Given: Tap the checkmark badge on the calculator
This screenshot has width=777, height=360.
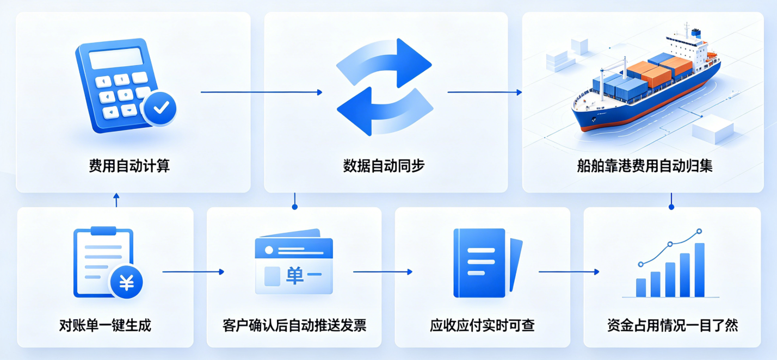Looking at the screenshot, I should tap(161, 108).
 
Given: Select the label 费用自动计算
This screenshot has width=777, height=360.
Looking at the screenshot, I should tap(129, 166).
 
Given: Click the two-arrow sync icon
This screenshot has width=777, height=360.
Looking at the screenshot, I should tap(385, 87).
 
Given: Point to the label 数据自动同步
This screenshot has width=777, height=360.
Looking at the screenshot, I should tap(384, 166).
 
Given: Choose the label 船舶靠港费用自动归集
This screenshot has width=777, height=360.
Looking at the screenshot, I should tap(645, 166).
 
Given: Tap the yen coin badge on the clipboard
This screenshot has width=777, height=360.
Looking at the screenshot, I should tap(126, 282).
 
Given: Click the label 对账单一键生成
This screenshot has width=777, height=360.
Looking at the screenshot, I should tap(105, 326).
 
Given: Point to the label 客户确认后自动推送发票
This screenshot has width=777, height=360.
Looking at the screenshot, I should tap(294, 326).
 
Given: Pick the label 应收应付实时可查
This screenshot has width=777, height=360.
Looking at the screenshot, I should tap(482, 326).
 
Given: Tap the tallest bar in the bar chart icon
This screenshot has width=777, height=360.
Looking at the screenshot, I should tap(700, 270).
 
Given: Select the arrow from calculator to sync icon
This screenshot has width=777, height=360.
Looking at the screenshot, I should tap(261, 92).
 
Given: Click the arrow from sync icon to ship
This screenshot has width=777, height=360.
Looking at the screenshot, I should tap(484, 92).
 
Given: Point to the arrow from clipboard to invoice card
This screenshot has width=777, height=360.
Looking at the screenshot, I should tap(193, 271).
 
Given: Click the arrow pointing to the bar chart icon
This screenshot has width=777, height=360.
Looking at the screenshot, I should tap(569, 271).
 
